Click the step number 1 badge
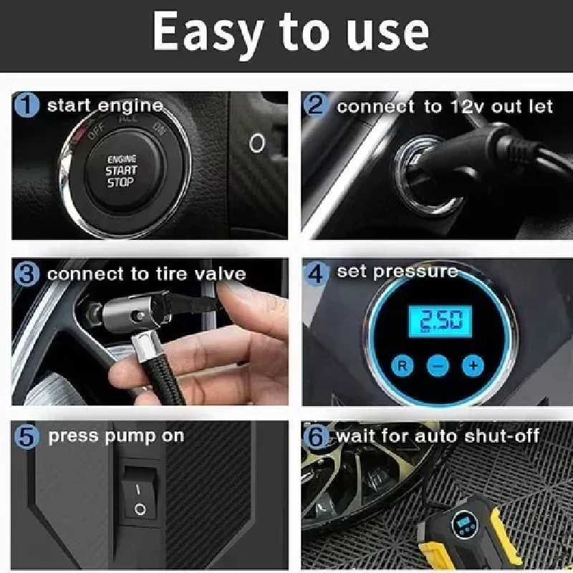tap(27, 105)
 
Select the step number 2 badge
tap(315, 105)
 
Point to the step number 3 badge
tap(27, 274)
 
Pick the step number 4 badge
tap(317, 274)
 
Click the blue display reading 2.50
tap(440, 322)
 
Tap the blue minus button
tap(438, 365)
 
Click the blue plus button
tap(473, 365)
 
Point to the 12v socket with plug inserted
tap(428, 173)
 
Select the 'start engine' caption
tap(105, 106)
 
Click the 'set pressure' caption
tap(398, 272)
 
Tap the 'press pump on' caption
tap(116, 436)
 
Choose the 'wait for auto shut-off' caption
tap(438, 435)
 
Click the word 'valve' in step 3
tap(220, 274)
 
